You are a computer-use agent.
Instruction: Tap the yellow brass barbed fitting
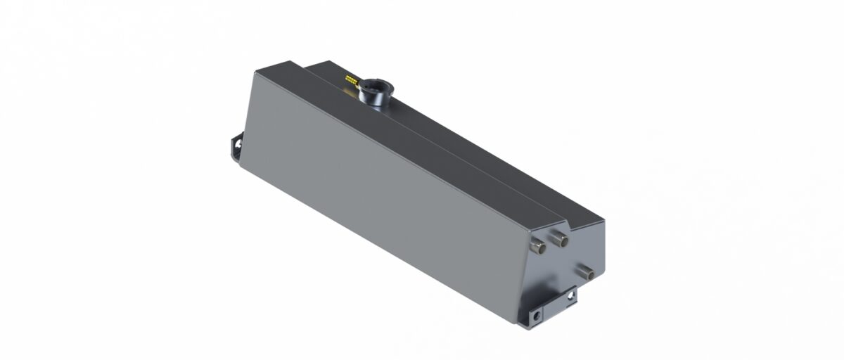[x=350, y=74]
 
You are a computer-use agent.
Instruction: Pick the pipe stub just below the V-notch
[x=561, y=240]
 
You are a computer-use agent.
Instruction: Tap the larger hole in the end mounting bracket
[x=537, y=316]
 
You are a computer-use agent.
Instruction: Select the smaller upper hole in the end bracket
[x=570, y=295]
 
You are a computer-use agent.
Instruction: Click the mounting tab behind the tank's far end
[x=235, y=149]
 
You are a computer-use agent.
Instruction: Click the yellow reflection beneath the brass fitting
[x=349, y=84]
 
